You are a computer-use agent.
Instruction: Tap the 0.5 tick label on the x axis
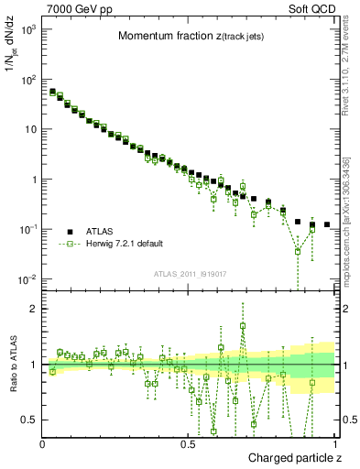(x=188, y=443)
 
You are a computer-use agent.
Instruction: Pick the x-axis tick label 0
(x=43, y=443)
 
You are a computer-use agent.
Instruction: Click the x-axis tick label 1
(x=335, y=443)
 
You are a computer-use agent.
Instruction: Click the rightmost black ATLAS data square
(x=326, y=224)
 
